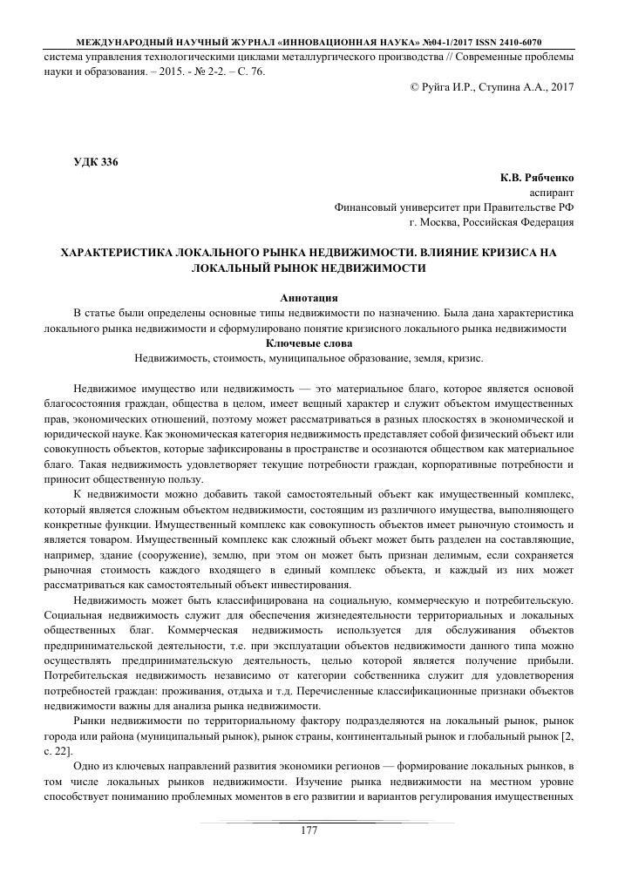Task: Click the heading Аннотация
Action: click(309, 298)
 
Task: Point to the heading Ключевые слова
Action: click(309, 344)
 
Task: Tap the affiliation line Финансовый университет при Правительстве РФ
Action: click(454, 207)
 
